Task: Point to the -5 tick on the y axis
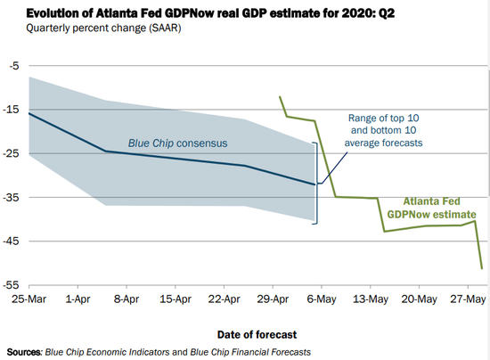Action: pos(12,66)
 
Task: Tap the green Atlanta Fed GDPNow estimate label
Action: pos(431,208)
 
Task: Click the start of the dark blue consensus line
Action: pos(29,113)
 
